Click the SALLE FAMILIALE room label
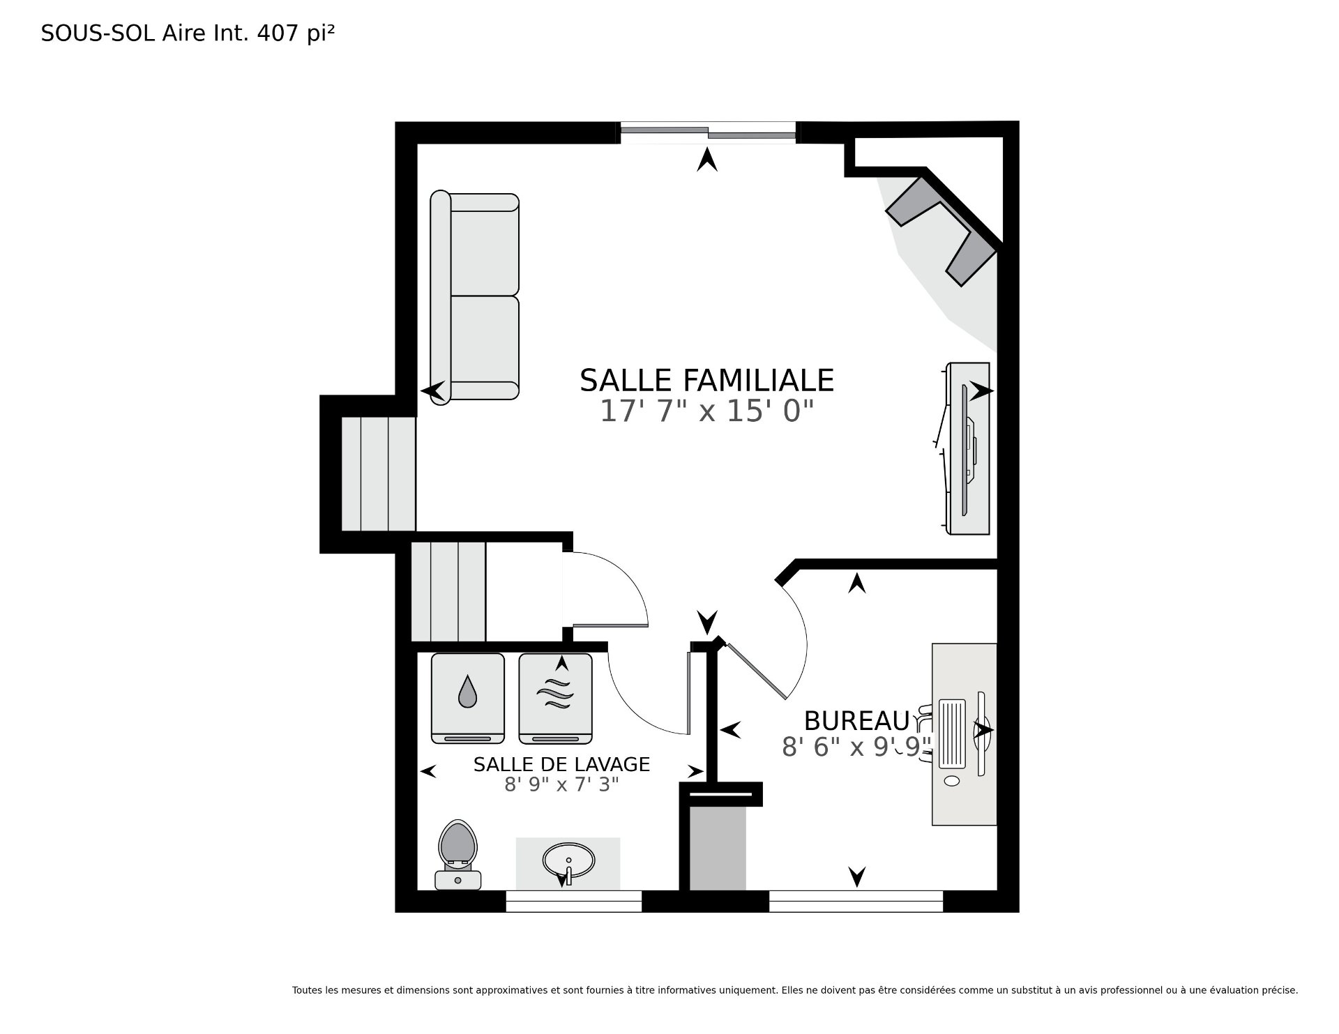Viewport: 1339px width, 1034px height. click(706, 381)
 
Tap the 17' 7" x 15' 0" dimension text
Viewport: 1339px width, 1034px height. click(706, 411)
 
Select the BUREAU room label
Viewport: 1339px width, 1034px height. click(857, 720)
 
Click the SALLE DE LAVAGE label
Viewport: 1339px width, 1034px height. click(561, 765)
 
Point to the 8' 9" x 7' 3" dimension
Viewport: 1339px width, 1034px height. click(561, 785)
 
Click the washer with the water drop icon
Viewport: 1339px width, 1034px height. click(467, 699)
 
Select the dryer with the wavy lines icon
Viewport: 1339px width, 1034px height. click(555, 699)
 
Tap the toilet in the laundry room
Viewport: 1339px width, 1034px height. click(457, 855)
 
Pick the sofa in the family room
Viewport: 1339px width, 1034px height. click(474, 296)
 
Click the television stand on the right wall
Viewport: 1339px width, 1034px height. click(968, 449)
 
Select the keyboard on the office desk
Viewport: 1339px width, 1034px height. click(953, 733)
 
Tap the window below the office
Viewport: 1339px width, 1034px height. click(856, 901)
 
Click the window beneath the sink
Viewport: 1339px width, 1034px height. click(573, 901)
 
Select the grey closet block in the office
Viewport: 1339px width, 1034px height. click(718, 848)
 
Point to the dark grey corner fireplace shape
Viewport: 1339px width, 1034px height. click(941, 230)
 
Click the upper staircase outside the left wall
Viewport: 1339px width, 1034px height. click(379, 473)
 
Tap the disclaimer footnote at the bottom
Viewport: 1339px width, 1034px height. click(795, 990)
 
